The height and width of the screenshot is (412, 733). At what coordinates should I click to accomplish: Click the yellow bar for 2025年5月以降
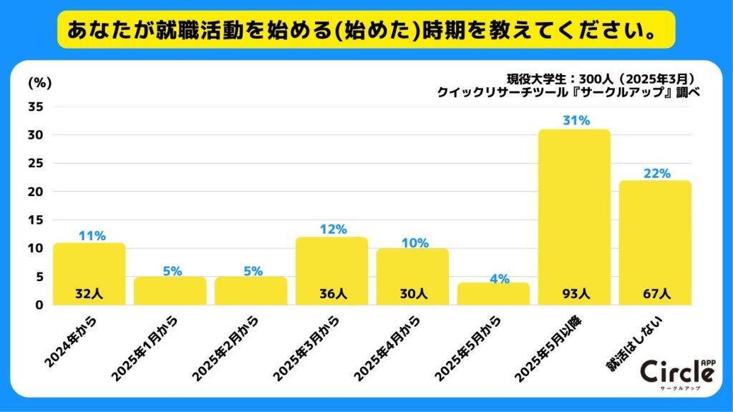[x=574, y=215]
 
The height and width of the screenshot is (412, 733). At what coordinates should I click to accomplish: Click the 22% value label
[x=656, y=173]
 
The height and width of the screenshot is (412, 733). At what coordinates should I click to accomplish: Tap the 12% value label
[x=332, y=230]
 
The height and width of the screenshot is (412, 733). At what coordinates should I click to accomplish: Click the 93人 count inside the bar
[x=575, y=293]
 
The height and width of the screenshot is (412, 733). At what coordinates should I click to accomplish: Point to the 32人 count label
[x=89, y=293]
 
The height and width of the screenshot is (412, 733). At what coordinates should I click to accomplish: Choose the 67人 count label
[x=656, y=293]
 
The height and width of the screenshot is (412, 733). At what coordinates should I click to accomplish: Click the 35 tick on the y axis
[x=37, y=107]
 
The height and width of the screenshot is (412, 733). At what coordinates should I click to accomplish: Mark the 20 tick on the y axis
[x=37, y=192]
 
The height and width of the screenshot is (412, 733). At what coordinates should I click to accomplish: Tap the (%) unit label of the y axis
[x=39, y=82]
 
